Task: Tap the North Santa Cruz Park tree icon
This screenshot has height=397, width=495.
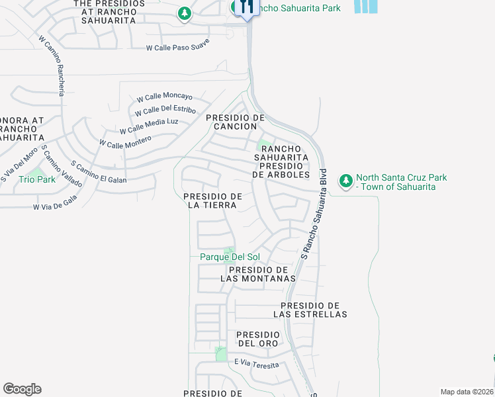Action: (x=345, y=181)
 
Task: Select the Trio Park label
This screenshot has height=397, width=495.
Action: (x=37, y=179)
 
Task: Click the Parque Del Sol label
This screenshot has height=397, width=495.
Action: (x=230, y=257)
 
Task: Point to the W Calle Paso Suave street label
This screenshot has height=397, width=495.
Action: (x=178, y=45)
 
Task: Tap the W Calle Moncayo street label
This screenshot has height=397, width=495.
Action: (x=164, y=97)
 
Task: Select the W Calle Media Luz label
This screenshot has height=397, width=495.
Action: (x=149, y=126)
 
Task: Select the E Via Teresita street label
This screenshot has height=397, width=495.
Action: (x=256, y=363)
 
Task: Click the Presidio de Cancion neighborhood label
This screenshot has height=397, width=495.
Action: (x=235, y=122)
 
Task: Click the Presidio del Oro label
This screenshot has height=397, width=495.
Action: (x=258, y=339)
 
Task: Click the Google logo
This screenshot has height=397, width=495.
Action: (x=22, y=389)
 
